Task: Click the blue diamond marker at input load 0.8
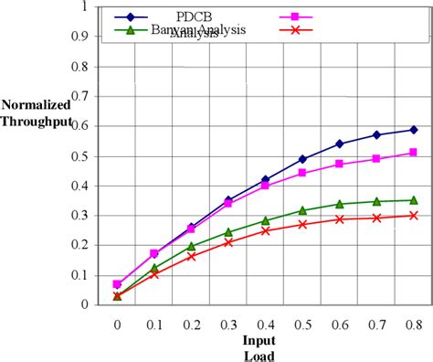414,130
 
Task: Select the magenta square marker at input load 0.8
414,153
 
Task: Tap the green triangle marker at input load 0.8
414,199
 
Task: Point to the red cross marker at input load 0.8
414,216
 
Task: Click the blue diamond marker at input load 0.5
303,159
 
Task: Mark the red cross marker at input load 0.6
340,218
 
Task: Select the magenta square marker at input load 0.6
340,164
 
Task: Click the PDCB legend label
195,16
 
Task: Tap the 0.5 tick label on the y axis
79,156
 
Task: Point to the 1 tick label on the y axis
84,8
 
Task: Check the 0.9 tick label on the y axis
79,38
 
